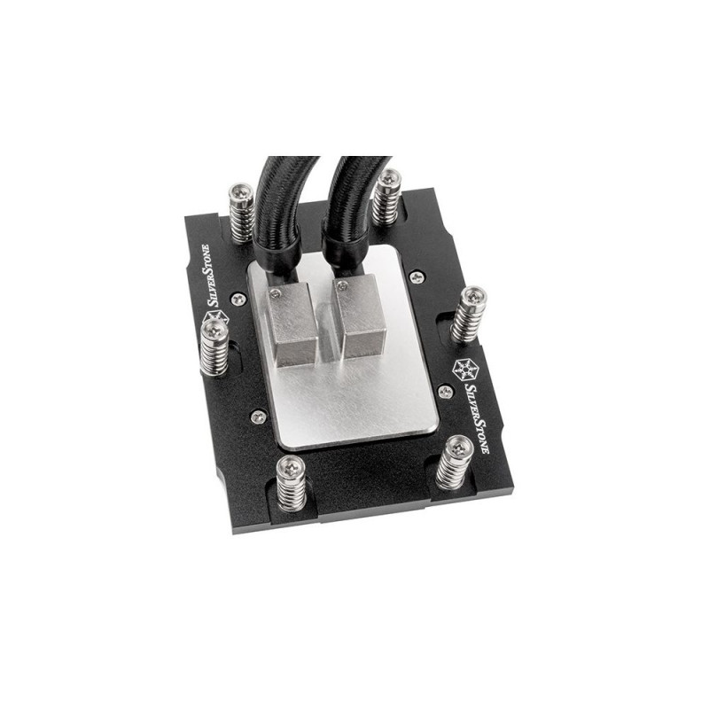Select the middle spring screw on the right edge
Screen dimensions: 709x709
click(x=471, y=315)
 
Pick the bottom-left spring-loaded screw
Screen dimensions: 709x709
click(x=291, y=483)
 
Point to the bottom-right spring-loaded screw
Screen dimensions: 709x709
click(x=456, y=463)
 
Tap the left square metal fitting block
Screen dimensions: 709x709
click(x=290, y=324)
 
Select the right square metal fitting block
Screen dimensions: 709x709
click(x=361, y=316)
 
